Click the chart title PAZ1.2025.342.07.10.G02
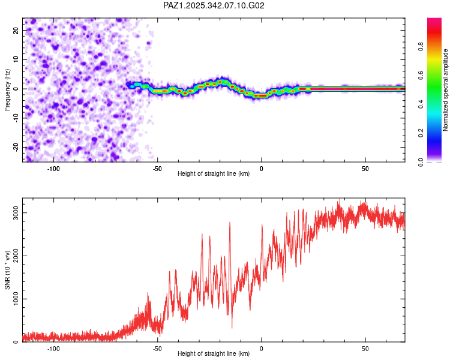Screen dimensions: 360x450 (x=214, y=5)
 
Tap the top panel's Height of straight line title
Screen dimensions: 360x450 (x=214, y=173)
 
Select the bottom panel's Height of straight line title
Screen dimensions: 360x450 (x=214, y=353)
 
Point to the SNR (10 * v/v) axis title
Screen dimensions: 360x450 (x=8, y=270)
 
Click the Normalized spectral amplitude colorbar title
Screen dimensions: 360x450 (x=446, y=90)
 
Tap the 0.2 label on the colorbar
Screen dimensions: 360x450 (x=439, y=133)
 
